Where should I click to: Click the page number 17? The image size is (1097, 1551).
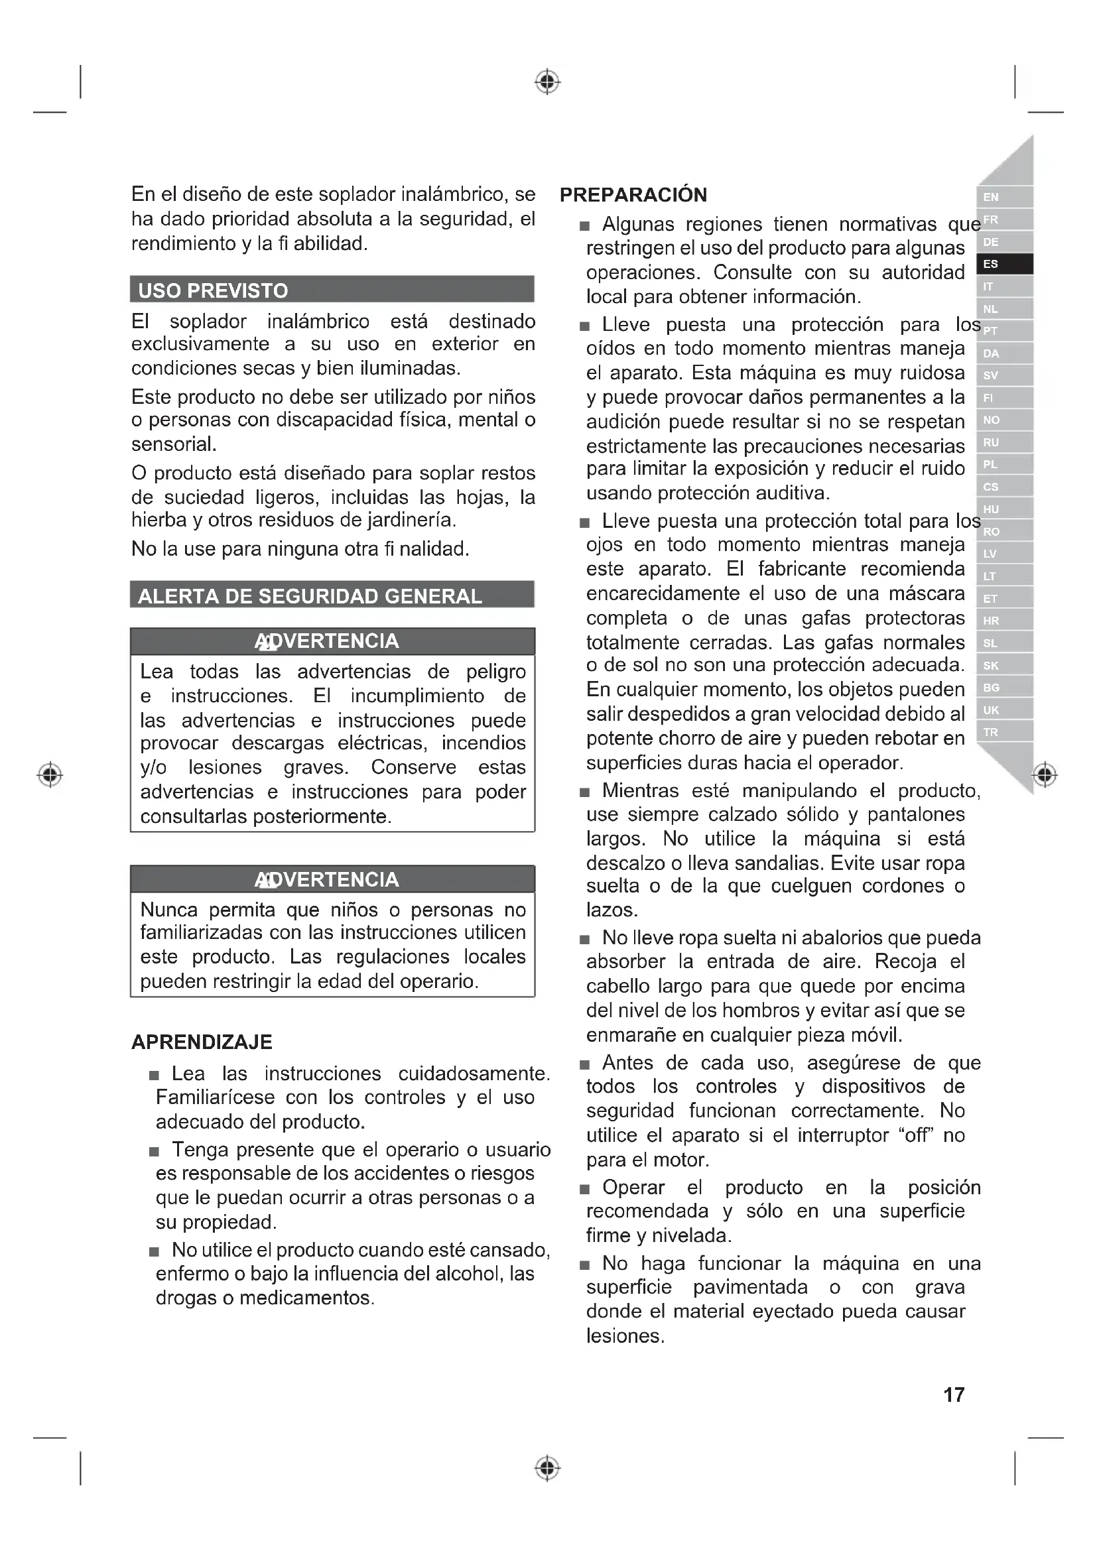point(953,1395)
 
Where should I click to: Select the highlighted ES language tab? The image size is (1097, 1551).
point(1003,264)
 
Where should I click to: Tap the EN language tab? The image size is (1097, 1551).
point(1003,197)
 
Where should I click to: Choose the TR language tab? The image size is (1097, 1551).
point(1003,732)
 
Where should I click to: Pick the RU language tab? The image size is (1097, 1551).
point(1003,442)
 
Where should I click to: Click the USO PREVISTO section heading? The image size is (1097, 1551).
point(213,291)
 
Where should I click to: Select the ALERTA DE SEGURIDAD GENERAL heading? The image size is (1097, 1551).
point(309,597)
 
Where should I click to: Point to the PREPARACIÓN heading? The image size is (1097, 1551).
point(633,195)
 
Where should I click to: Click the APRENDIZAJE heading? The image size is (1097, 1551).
point(202,1042)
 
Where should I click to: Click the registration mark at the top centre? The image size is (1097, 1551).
point(547,82)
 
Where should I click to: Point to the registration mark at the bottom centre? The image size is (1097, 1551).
point(547,1468)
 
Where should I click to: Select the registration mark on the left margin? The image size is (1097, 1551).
point(50,774)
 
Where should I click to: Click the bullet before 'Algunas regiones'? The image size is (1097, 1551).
point(585,226)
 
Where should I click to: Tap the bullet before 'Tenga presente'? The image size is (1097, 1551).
point(155,1152)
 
